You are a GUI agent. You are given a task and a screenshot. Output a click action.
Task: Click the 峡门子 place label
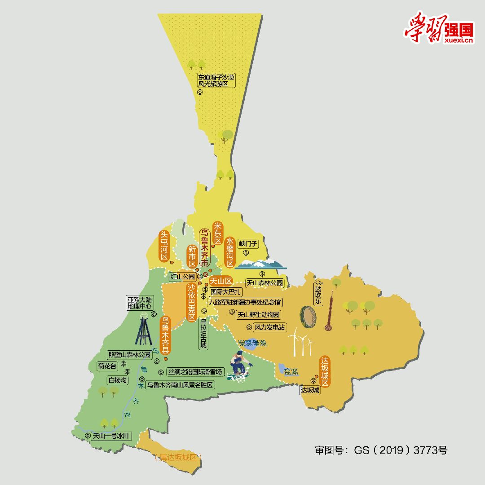click(x=249, y=244)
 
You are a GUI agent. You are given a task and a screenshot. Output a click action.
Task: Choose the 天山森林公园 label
click(x=265, y=283)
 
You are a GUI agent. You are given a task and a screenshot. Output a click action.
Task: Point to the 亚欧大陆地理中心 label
click(x=140, y=303)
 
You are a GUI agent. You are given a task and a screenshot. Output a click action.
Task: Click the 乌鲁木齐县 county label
click(x=165, y=335)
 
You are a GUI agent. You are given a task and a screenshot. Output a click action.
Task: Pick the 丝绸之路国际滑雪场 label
click(x=195, y=372)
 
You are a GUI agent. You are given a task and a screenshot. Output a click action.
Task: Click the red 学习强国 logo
click(x=438, y=28)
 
